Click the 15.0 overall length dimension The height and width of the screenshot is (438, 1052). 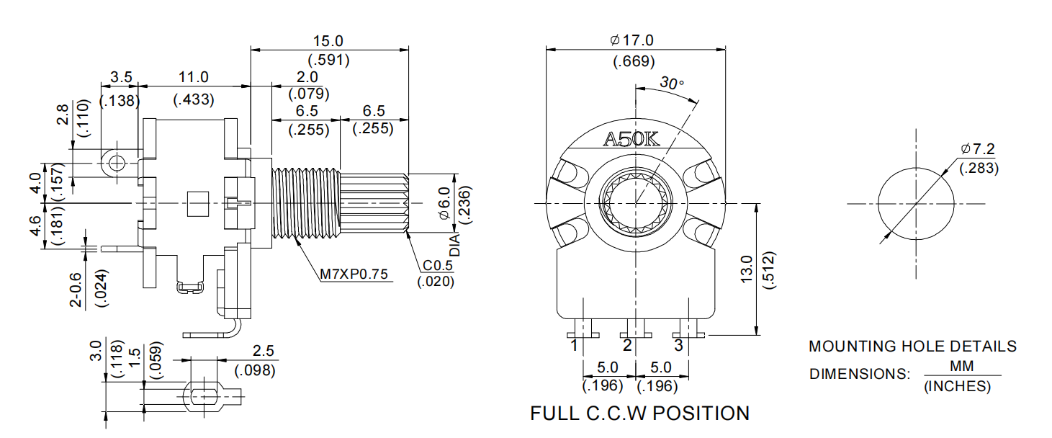tap(328, 41)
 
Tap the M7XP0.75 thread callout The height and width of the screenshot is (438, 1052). tap(355, 274)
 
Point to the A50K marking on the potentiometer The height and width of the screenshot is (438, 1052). tap(631, 139)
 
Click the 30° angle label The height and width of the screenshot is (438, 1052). tap(672, 84)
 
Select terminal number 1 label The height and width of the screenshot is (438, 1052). tap(575, 346)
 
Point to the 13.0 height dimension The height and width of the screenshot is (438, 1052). tap(746, 270)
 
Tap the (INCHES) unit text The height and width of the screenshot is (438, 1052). tap(956, 387)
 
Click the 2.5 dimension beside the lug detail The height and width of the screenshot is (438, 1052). tap(264, 352)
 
